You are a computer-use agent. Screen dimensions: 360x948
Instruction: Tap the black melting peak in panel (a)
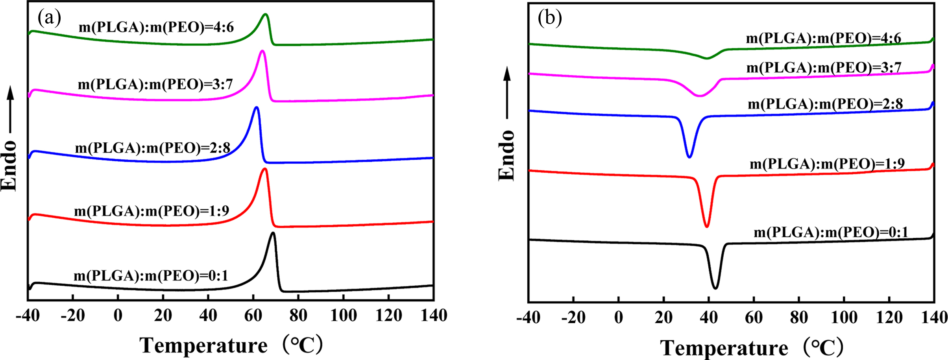click(273, 234)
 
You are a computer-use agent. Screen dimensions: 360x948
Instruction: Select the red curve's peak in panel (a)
click(264, 170)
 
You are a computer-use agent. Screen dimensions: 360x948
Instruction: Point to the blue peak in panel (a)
click(257, 108)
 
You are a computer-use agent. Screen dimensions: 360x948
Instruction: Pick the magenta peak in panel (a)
click(262, 52)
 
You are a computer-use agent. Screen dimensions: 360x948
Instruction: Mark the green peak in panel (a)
click(266, 15)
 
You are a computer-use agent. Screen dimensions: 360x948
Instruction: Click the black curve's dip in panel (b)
click(715, 288)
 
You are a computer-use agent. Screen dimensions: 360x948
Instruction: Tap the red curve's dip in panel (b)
click(707, 226)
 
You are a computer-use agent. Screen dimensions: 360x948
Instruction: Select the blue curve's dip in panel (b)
click(689, 157)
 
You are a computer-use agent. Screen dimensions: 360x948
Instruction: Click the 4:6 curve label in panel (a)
click(156, 27)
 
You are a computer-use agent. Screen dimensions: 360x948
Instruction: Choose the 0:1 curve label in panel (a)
click(151, 275)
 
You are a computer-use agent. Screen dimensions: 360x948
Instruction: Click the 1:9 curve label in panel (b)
click(827, 163)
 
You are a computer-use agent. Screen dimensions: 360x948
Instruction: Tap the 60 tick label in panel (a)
click(253, 315)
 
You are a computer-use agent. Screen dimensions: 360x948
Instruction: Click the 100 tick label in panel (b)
click(844, 317)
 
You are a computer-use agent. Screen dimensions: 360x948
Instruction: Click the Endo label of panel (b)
click(506, 155)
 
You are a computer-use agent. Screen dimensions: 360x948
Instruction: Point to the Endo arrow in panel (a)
click(11, 114)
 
